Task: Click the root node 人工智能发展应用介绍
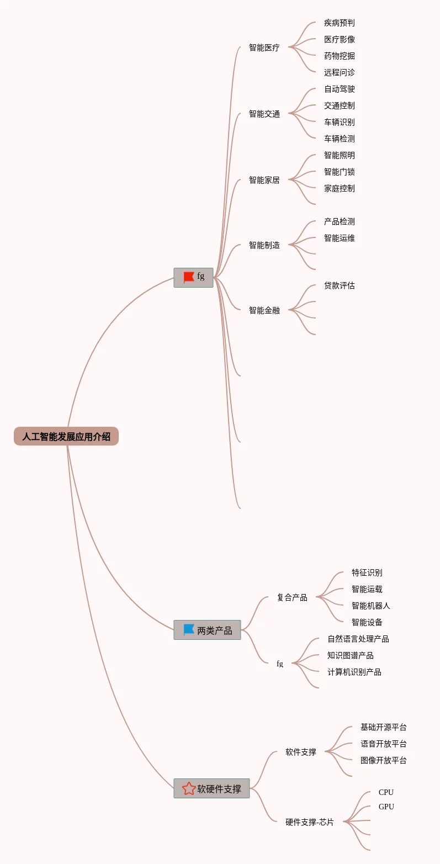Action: coord(66,437)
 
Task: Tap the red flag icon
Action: coord(189,277)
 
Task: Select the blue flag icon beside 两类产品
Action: coord(189,629)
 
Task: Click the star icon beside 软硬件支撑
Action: coord(189,788)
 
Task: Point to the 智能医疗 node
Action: coord(264,47)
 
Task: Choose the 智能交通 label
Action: coord(264,114)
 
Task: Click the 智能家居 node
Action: coord(264,180)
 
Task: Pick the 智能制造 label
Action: coord(264,245)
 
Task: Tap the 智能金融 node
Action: coord(264,310)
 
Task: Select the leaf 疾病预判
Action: coord(339,23)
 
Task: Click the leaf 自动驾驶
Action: coord(339,89)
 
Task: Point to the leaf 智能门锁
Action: coord(339,172)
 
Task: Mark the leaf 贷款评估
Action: coord(339,286)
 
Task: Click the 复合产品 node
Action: coord(292,597)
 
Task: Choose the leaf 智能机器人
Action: coord(370,606)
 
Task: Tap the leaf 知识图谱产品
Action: coord(350,656)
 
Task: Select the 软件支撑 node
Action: coord(300,752)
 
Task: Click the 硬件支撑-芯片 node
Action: coord(309,822)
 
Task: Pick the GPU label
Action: coord(386,807)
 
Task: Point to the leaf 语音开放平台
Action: coord(383,744)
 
